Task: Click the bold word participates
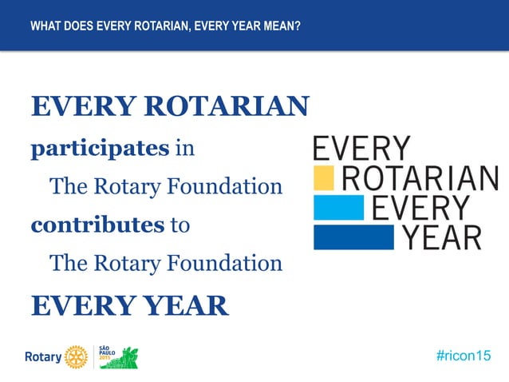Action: pos(100,149)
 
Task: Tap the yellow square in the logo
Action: pos(323,177)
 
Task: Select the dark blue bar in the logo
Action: pos(353,237)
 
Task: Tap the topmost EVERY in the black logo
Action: pos(361,149)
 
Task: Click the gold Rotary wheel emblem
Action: pos(77,356)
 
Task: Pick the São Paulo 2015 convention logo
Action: pos(118,356)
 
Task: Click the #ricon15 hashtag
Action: pos(464,356)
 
